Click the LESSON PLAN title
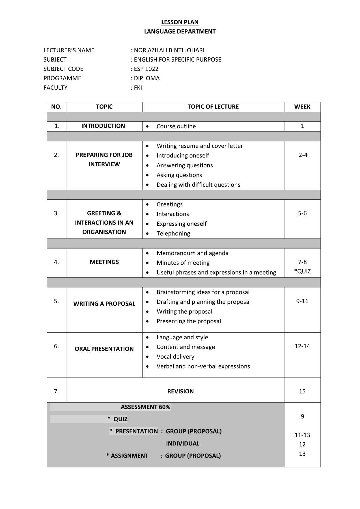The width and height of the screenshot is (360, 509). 180,22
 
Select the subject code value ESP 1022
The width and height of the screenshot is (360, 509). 146,69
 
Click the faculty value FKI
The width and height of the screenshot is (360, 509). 138,88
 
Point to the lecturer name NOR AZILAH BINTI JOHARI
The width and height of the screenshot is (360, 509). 169,50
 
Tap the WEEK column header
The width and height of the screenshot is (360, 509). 302,107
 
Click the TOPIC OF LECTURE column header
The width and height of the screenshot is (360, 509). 213,107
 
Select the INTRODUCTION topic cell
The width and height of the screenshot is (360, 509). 103,126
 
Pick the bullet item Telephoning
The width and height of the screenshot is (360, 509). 173,234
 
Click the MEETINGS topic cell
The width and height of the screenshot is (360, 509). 104,262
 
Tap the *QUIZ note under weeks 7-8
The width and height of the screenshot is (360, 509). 302,271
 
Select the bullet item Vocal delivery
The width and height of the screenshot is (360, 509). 175,357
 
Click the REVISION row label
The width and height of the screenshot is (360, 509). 180,391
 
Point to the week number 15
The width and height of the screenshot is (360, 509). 302,391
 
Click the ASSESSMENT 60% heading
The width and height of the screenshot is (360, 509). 146,407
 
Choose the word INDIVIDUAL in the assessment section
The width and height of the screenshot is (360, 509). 183,444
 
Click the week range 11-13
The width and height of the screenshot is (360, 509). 302,435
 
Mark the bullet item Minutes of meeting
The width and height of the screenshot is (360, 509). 183,263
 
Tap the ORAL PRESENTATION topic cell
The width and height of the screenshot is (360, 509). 104,349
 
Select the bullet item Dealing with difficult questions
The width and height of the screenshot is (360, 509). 198,185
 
